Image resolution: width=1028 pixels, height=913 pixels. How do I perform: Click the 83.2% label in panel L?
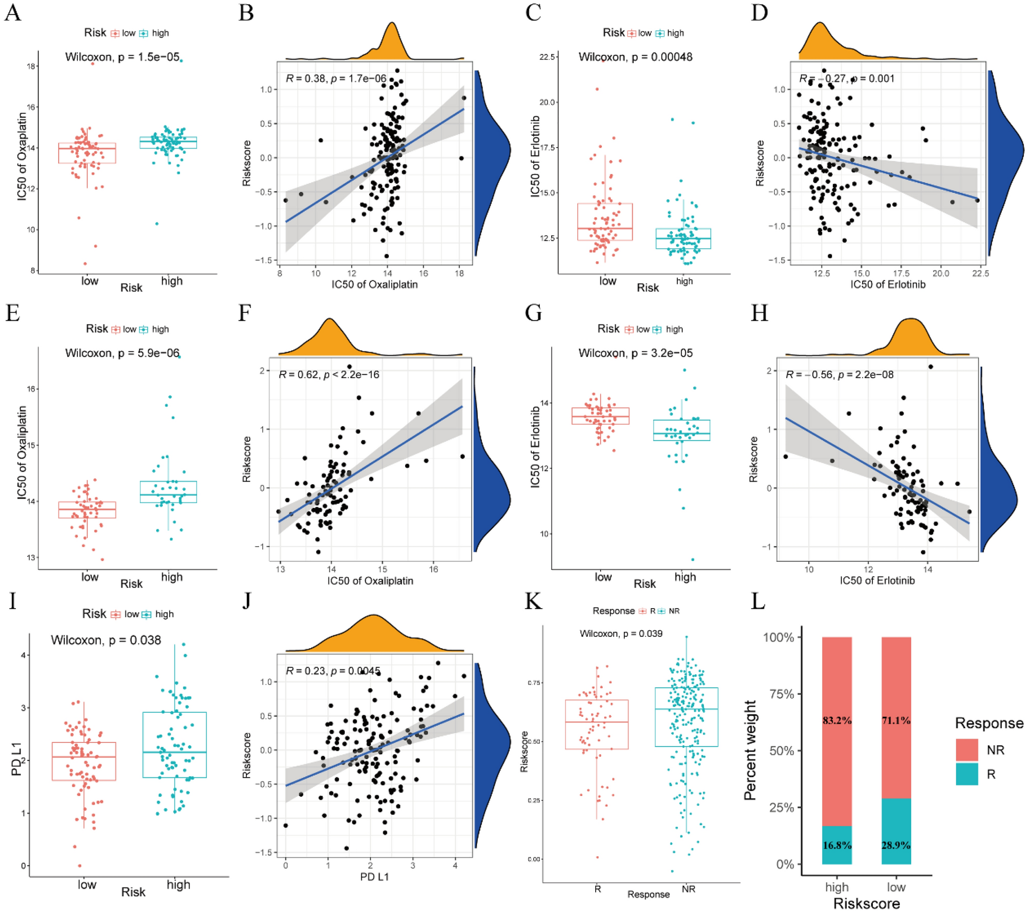click(x=836, y=720)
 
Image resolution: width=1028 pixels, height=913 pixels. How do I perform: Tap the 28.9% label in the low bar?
click(x=895, y=845)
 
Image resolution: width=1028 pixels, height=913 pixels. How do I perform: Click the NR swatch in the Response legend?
click(x=967, y=750)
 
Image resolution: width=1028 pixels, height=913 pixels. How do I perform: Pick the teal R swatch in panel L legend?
click(x=967, y=774)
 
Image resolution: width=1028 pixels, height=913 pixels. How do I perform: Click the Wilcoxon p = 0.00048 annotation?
click(x=635, y=57)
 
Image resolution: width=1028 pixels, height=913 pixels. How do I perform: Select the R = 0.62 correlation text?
click(x=329, y=375)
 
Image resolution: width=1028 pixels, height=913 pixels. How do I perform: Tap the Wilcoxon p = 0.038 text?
click(x=106, y=640)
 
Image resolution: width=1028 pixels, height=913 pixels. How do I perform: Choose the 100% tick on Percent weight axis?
click(x=779, y=637)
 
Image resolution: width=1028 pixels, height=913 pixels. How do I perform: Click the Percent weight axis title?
click(x=750, y=750)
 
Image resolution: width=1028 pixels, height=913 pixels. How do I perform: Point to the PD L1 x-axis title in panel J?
click(x=374, y=877)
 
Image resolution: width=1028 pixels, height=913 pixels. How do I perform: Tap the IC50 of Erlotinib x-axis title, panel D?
click(x=888, y=285)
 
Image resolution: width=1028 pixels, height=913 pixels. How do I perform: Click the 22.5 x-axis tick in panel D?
click(x=980, y=274)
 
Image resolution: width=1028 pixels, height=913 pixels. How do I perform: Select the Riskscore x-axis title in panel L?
click(x=866, y=903)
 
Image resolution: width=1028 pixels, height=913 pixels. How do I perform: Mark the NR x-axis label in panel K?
click(x=688, y=889)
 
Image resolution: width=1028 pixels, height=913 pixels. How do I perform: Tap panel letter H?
click(x=759, y=313)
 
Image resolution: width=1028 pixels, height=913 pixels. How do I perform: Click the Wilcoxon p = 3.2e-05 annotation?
click(x=635, y=353)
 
